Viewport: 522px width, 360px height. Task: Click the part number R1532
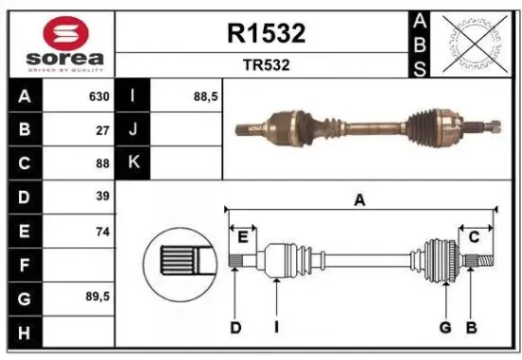[266, 34]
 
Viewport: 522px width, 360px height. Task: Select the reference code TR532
[266, 66]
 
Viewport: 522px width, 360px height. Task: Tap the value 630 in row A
[99, 97]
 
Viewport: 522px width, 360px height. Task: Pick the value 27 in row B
[103, 130]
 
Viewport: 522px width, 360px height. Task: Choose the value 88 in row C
[103, 162]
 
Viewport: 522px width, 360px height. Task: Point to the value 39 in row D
[103, 196]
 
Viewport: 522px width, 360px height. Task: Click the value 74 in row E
[103, 230]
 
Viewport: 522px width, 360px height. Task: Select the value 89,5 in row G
[97, 296]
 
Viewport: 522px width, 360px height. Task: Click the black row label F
[23, 263]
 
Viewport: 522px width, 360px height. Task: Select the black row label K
[133, 162]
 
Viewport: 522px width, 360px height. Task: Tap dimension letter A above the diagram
[360, 199]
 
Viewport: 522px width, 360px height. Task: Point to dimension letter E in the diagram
[243, 237]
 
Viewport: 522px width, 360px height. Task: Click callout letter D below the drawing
[235, 328]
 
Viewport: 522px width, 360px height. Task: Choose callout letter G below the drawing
[443, 328]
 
